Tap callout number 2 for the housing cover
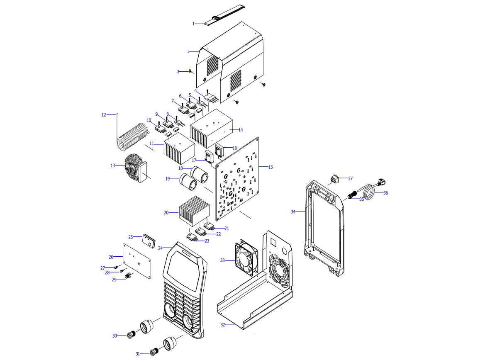(x=188, y=52)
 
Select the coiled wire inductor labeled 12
(x=132, y=137)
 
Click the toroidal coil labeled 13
(x=134, y=168)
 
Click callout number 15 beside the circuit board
(x=271, y=167)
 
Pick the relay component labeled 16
(x=220, y=150)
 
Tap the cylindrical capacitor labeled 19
(x=188, y=182)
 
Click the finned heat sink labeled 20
(x=193, y=210)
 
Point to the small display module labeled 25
(x=148, y=240)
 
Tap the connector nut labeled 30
(x=131, y=334)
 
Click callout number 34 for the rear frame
(x=293, y=212)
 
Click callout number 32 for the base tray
(x=223, y=325)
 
